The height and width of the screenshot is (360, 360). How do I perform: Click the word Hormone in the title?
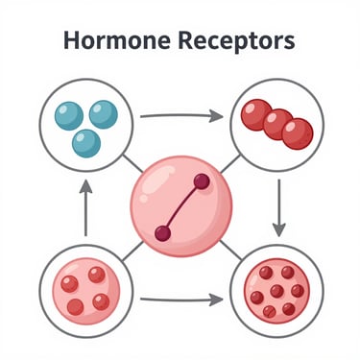coord(117,40)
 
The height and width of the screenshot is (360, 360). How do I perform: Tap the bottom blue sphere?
coord(86,143)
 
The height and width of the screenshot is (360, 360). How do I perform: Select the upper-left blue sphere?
coord(69,116)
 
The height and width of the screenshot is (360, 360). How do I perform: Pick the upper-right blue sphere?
coord(104,114)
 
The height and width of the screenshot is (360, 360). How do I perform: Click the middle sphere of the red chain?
coord(277,124)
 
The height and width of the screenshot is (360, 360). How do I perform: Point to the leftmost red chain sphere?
coord(255,114)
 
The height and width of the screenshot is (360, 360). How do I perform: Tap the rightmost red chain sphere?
coord(298,133)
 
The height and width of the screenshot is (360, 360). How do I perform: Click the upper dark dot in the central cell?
coord(202,181)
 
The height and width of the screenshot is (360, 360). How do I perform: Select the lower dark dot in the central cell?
coord(163,233)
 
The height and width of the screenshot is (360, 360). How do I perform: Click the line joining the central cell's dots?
coord(182,207)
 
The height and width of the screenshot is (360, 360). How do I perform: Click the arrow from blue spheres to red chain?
coord(181,115)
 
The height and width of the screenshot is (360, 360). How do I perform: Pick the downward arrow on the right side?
coord(279,208)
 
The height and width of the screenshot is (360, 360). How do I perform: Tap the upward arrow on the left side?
coord(85,208)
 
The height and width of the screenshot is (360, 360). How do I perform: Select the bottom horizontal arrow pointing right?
coord(181,300)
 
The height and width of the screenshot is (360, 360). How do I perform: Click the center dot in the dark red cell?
coord(276,291)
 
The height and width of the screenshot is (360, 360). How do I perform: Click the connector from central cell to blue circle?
coord(132,163)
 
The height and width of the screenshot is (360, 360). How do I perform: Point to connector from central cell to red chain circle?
coord(230,164)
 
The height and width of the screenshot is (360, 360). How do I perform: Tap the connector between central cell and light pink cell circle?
coord(132,252)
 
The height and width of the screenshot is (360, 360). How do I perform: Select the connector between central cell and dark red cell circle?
coord(230,251)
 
